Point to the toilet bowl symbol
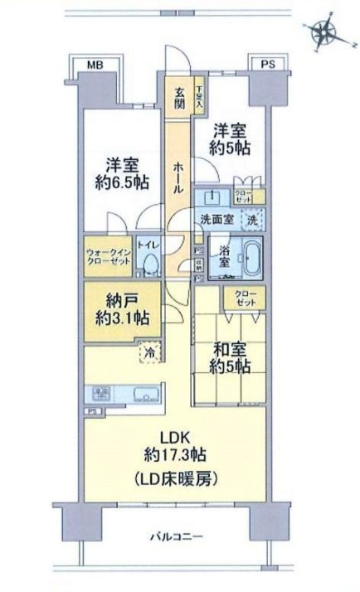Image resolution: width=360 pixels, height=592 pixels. pyautogui.click(x=150, y=264)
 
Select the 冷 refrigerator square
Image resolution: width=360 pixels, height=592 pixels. pyautogui.click(x=146, y=351)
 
